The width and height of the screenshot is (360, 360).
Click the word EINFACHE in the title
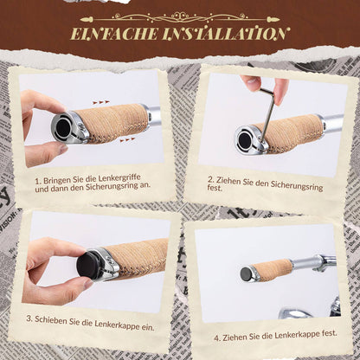point(114,34)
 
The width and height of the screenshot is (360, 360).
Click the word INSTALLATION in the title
point(225,34)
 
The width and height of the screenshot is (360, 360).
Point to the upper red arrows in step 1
point(101,102)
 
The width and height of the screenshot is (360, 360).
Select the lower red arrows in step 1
point(127,140)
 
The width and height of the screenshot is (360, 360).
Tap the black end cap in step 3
point(87,266)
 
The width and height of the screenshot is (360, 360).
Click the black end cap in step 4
point(246,273)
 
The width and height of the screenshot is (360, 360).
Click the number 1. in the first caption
point(38,182)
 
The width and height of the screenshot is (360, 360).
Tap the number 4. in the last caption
point(217,337)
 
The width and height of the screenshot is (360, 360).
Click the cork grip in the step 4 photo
point(271,269)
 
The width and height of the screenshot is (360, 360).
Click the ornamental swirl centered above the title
point(180,17)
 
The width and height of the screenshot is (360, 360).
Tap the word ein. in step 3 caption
point(147,327)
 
